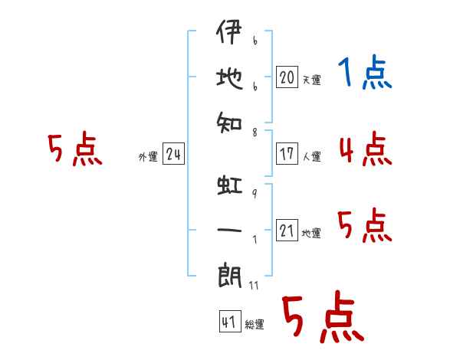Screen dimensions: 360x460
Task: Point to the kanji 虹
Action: [x=229, y=186]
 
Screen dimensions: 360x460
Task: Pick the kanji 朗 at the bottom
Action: [x=229, y=274]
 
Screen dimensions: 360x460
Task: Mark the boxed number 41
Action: [x=228, y=322]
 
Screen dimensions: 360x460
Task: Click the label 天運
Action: [x=311, y=80]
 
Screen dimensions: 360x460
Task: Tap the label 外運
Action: [x=148, y=157]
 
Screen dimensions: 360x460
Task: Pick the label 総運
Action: [x=255, y=325]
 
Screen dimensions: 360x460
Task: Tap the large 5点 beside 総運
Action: [x=322, y=318]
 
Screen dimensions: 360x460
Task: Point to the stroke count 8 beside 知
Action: [x=254, y=132]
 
